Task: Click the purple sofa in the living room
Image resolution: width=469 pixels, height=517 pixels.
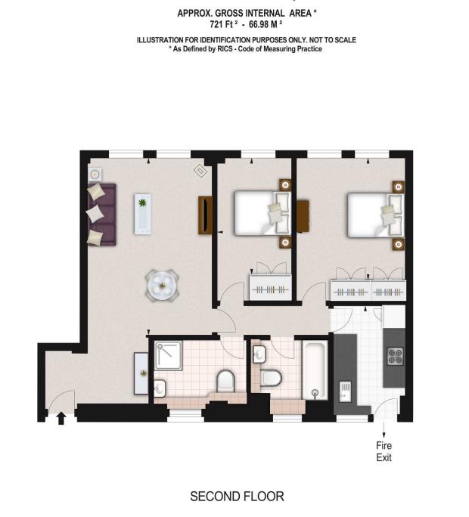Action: [x=101, y=214]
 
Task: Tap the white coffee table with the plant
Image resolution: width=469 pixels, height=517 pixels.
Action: [x=142, y=213]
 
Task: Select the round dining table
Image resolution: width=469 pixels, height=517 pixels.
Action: [x=162, y=286]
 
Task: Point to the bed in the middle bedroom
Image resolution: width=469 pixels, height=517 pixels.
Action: [x=257, y=212]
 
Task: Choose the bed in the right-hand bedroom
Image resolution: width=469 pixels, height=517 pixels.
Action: [x=371, y=213]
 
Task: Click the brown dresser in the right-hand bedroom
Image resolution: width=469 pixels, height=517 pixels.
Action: [x=303, y=215]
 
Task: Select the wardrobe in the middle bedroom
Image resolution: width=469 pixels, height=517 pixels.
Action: [x=269, y=287]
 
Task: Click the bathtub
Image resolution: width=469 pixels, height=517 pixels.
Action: [x=314, y=370]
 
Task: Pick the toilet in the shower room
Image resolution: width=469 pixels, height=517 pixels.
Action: [x=226, y=380]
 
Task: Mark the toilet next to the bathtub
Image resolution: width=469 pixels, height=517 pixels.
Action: [x=271, y=376]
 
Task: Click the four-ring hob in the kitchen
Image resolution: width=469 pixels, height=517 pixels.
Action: [x=396, y=355]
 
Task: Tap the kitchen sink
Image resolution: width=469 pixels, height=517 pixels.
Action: [x=345, y=392]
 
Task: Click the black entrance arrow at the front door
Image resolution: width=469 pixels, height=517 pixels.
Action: [x=61, y=416]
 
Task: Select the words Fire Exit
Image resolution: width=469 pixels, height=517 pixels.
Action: [x=384, y=451]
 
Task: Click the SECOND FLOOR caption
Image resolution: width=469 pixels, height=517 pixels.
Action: [x=237, y=497]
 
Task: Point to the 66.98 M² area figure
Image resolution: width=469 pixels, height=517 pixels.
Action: [x=262, y=24]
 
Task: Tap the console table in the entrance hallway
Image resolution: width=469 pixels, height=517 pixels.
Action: [x=141, y=373]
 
